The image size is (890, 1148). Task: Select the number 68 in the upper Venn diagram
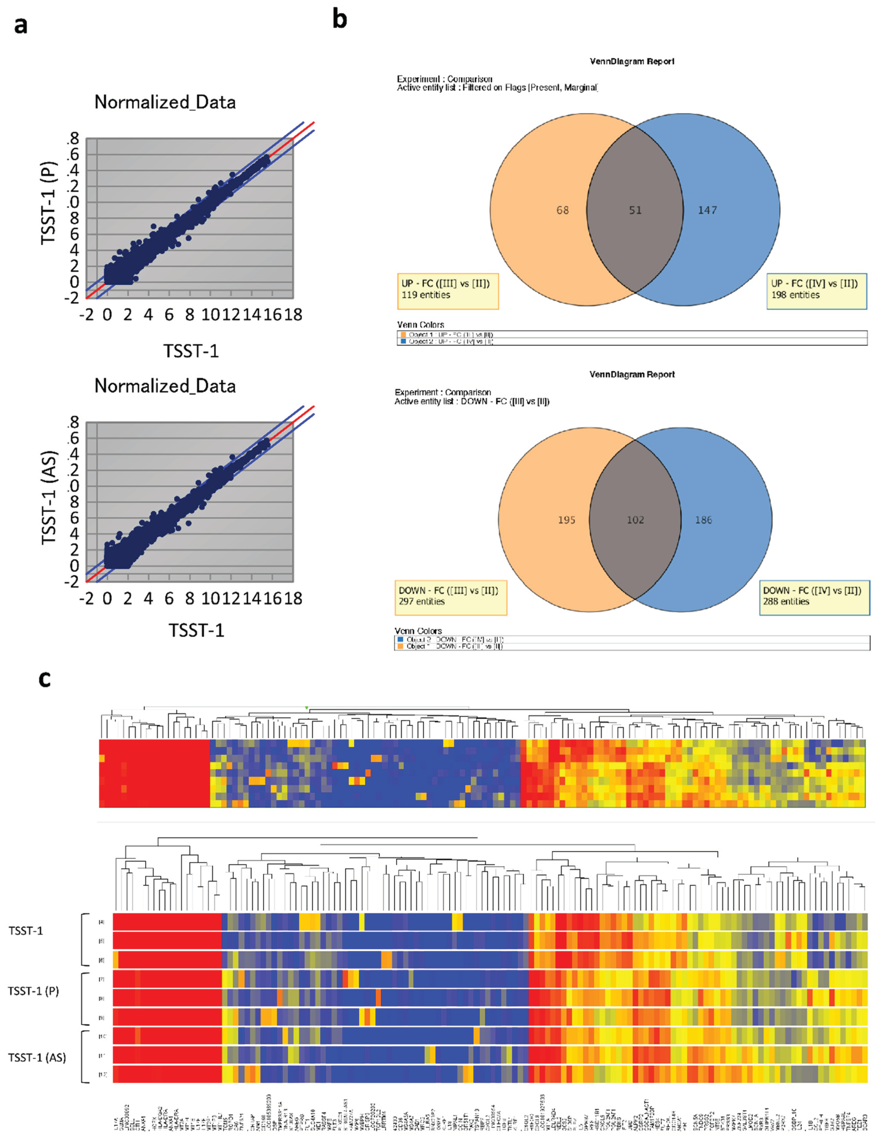[562, 210]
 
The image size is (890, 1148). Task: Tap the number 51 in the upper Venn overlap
[635, 210]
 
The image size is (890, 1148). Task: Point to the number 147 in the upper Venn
[707, 210]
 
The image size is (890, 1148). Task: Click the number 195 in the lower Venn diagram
[566, 520]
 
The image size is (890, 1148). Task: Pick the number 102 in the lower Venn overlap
[635, 520]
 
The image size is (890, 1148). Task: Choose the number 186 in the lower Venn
[703, 520]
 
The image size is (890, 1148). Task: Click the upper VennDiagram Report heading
[632, 61]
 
